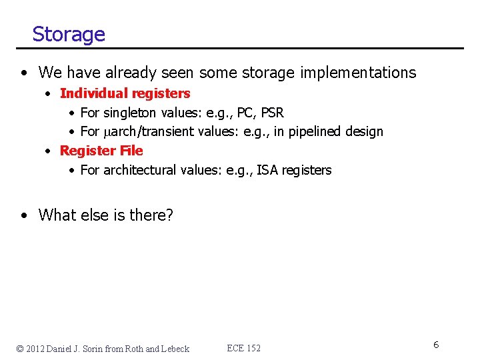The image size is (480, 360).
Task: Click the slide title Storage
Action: pyautogui.click(x=69, y=34)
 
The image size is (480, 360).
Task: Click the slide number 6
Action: pyautogui.click(x=435, y=345)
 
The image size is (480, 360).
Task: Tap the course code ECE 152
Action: pyautogui.click(x=243, y=348)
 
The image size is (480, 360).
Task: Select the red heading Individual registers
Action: pyautogui.click(x=125, y=94)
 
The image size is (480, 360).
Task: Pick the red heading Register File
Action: pyautogui.click(x=101, y=151)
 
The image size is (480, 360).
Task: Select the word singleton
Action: pyautogui.click(x=130, y=113)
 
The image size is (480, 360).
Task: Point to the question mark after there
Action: pyautogui.click(x=169, y=215)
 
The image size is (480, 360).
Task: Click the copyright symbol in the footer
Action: pyautogui.click(x=21, y=349)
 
